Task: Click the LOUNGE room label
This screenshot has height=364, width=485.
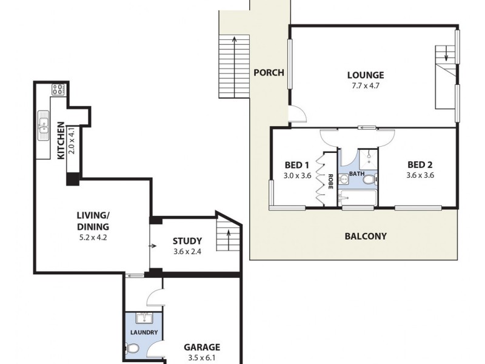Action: (x=366, y=75)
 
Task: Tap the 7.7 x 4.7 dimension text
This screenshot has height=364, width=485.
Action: (x=366, y=87)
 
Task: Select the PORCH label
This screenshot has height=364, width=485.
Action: (x=269, y=73)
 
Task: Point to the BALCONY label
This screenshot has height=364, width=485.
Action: (x=365, y=237)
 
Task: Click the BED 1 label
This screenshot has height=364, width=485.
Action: (x=297, y=164)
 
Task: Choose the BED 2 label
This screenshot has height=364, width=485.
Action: (x=420, y=164)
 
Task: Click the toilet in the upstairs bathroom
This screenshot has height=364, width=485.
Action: (x=368, y=178)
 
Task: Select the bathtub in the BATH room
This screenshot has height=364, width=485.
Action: (x=357, y=198)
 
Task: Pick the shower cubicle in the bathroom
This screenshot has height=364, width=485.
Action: (x=367, y=159)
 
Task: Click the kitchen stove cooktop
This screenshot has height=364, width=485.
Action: (x=59, y=90)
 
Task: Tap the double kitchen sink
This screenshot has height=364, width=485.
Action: (x=44, y=125)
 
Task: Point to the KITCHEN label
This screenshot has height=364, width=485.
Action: (x=61, y=141)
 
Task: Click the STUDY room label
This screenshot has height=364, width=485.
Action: (x=187, y=241)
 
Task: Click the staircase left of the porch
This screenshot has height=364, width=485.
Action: (x=233, y=67)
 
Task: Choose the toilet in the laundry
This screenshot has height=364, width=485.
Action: (x=133, y=348)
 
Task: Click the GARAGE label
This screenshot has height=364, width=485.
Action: (x=202, y=348)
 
